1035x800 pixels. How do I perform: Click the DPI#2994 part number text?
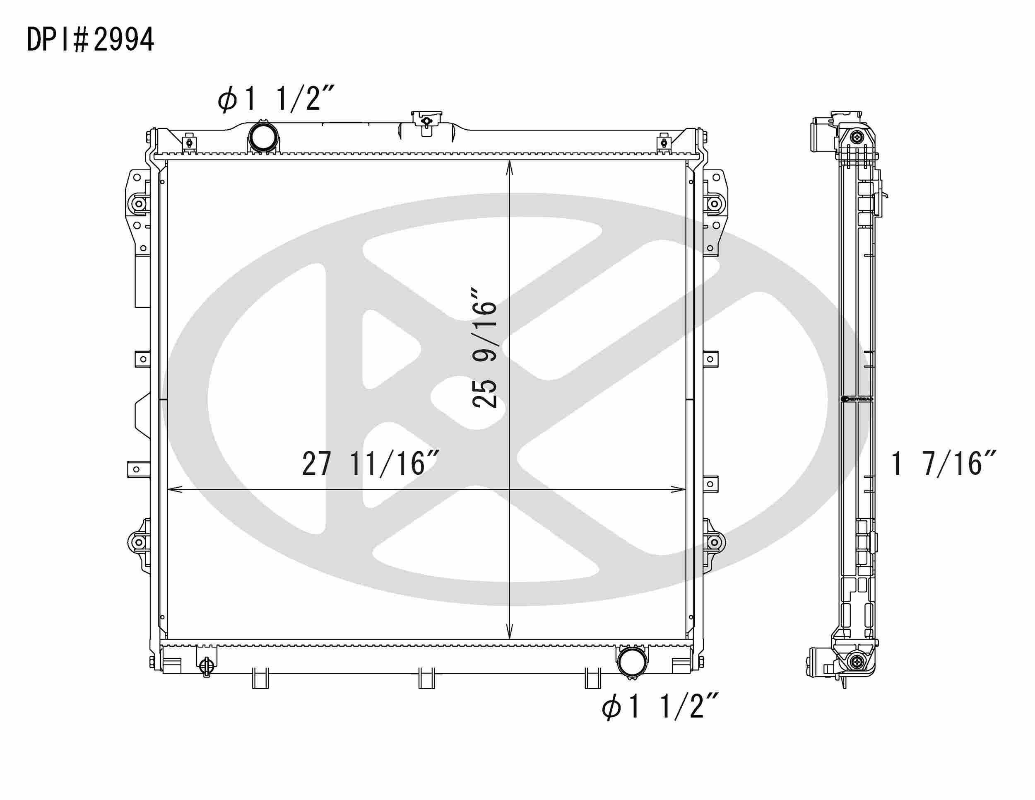(x=90, y=40)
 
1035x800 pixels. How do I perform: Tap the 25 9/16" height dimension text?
(x=484, y=354)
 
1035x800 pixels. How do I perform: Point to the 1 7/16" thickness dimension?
(x=944, y=463)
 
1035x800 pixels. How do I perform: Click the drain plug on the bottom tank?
(x=206, y=666)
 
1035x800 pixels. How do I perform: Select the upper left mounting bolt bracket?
(x=138, y=204)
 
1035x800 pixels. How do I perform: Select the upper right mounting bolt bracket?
(x=713, y=204)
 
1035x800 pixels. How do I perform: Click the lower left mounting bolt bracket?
(x=138, y=542)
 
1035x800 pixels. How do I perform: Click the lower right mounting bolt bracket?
(x=713, y=542)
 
